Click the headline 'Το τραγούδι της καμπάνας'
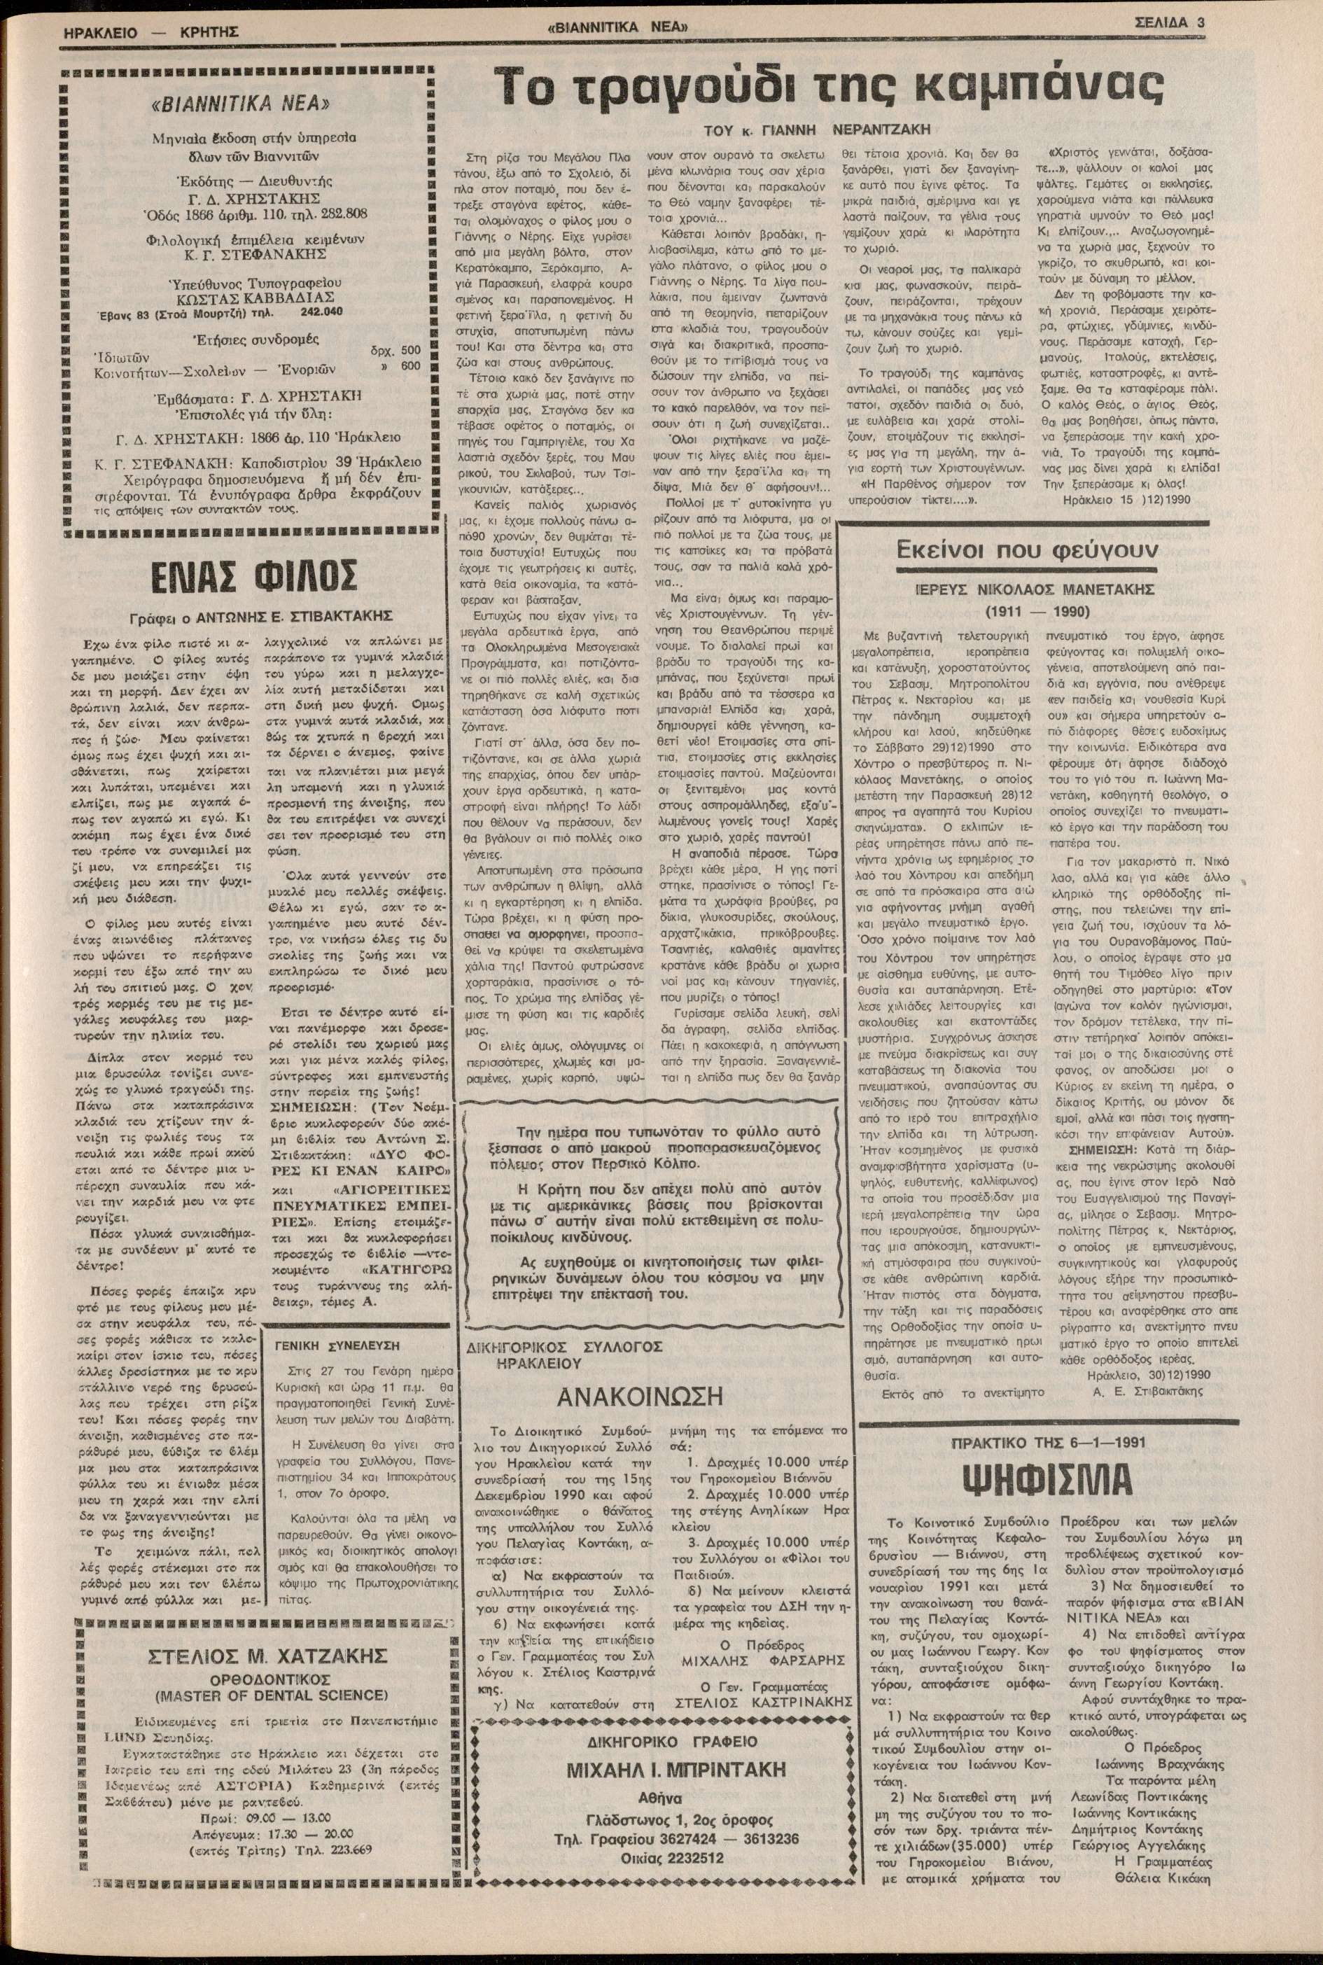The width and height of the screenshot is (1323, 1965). [x=830, y=87]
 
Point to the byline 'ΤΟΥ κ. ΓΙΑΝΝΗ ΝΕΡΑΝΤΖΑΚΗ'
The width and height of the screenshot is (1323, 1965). [x=817, y=130]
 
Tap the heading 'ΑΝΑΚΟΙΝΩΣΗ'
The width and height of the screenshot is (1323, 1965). [x=640, y=1397]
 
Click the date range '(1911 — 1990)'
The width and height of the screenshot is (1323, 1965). [x=1036, y=611]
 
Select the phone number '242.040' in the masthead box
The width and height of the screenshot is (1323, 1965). [x=321, y=312]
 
